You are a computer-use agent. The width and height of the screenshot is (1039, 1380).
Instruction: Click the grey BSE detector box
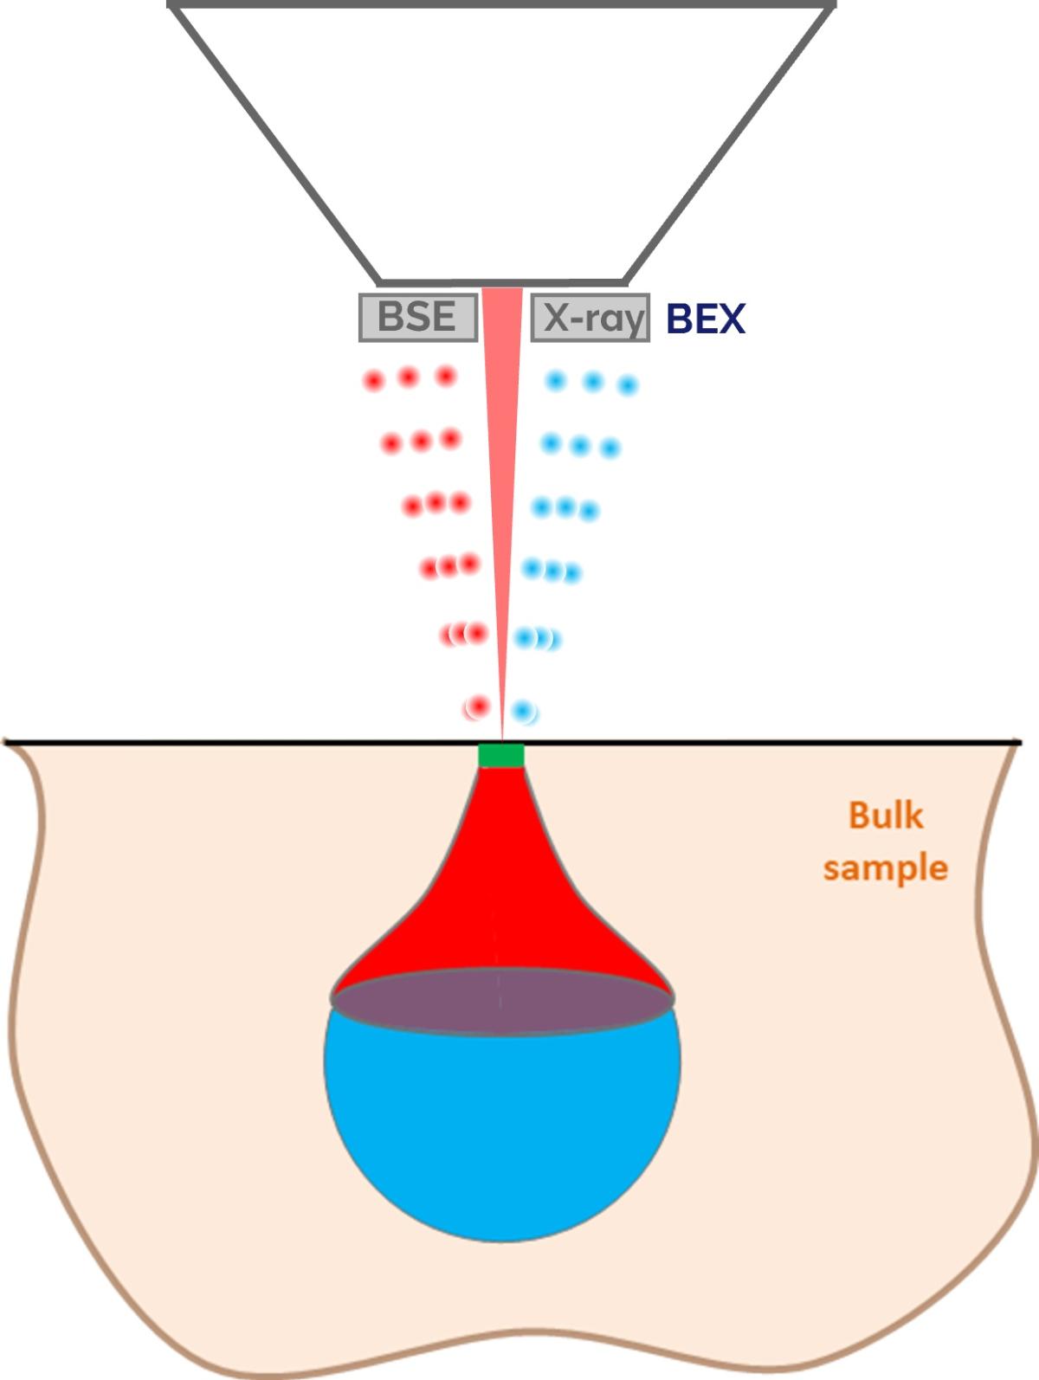(418, 317)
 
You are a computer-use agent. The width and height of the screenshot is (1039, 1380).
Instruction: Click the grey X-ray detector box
(590, 318)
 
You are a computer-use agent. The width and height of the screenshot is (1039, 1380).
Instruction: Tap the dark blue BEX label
(705, 319)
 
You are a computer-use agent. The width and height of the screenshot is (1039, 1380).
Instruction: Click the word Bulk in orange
(885, 816)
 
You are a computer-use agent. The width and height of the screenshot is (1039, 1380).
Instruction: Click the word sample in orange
(885, 867)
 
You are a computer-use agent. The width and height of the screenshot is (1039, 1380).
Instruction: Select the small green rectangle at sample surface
(501, 755)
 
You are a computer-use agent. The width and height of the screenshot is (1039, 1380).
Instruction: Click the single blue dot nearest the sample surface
(522, 712)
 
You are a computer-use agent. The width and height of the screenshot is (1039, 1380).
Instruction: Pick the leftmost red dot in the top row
(374, 380)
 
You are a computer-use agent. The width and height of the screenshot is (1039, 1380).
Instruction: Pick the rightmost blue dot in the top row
(628, 385)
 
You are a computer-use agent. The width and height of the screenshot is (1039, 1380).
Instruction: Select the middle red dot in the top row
(409, 377)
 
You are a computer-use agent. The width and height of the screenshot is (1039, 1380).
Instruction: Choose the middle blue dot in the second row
(580, 447)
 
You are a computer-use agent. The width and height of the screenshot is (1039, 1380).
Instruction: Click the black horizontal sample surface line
(260, 742)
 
